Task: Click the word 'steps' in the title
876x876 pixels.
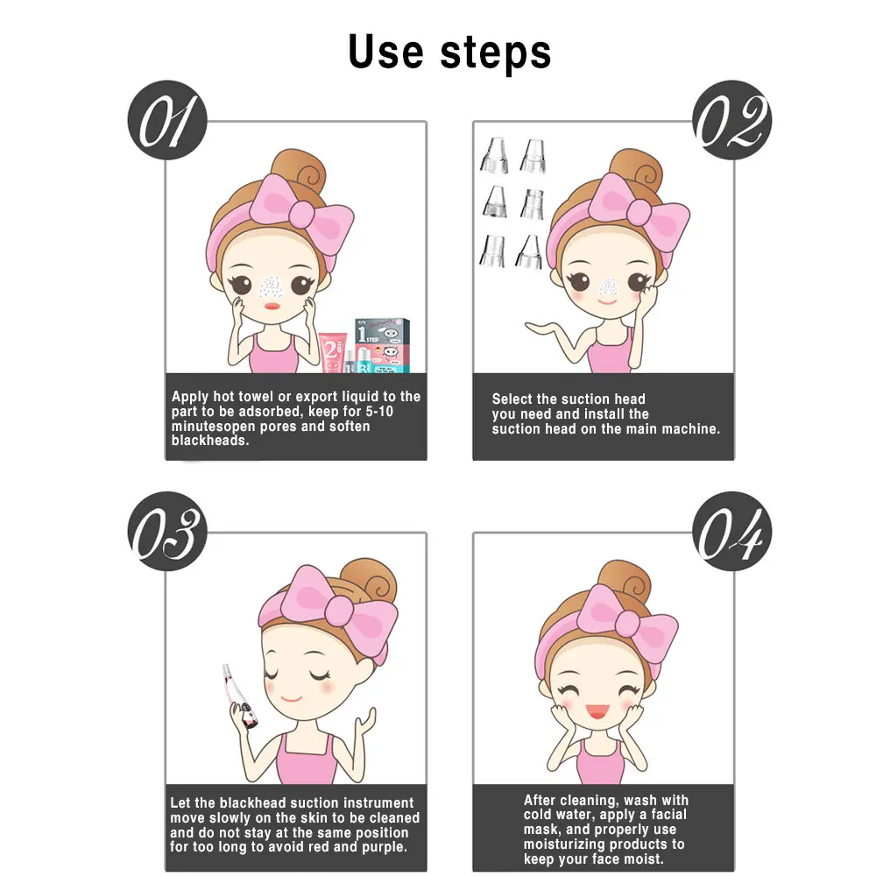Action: point(496,54)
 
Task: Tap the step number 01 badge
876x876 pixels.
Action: point(167,120)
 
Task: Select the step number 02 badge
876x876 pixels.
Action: point(731,120)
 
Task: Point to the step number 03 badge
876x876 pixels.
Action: point(167,532)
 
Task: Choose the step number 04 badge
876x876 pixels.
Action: point(731,532)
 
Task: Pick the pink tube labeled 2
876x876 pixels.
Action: point(333,352)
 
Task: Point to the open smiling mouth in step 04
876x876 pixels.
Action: point(597,711)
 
